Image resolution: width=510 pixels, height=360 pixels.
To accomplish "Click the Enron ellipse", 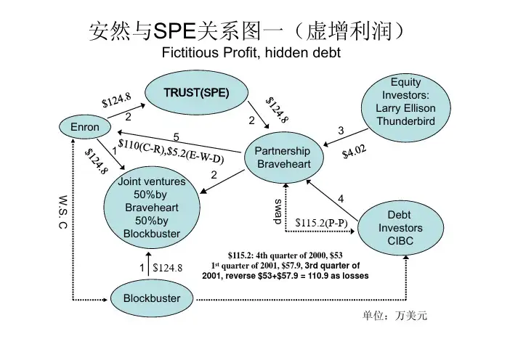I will pyautogui.click(x=85, y=127).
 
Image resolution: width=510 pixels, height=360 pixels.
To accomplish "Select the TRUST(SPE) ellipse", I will pyautogui.click(x=195, y=93).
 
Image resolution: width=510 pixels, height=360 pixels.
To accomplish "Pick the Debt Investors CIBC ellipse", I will pyautogui.click(x=399, y=227).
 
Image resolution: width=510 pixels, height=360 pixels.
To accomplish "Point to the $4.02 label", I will pyautogui.click(x=355, y=154).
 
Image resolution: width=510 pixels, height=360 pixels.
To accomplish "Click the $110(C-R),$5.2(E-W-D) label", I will pyautogui.click(x=171, y=150).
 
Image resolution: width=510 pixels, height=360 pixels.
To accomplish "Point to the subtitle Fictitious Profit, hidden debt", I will pyautogui.click(x=250, y=54).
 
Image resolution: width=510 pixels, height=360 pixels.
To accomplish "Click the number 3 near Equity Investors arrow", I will pyautogui.click(x=341, y=130).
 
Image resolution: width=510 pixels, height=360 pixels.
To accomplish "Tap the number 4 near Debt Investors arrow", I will pyautogui.click(x=341, y=198).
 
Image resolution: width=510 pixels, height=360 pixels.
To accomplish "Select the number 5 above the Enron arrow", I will pyautogui.click(x=176, y=137).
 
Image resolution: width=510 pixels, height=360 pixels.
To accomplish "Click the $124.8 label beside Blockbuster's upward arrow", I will pyautogui.click(x=168, y=268).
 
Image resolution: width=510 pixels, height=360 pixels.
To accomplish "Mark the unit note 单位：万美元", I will pyautogui.click(x=389, y=316).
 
